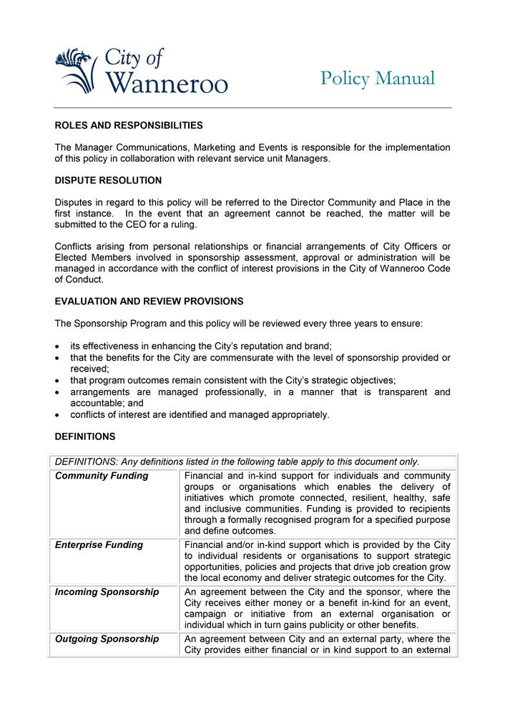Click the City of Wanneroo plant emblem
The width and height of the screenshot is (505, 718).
tap(74, 70)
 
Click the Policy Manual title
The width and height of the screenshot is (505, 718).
tap(377, 78)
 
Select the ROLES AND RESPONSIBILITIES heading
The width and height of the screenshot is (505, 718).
tap(129, 125)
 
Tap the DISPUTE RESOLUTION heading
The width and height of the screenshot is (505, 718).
tap(108, 180)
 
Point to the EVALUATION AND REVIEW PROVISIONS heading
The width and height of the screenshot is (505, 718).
tap(149, 301)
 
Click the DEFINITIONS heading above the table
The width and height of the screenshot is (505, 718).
tap(84, 436)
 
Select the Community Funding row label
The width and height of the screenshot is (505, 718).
tap(102, 476)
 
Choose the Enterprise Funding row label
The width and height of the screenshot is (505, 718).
tap(99, 545)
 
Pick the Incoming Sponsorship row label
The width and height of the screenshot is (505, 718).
tap(107, 592)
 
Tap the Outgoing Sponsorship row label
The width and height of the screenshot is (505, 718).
tap(107, 639)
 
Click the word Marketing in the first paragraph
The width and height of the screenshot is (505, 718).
tap(219, 147)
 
